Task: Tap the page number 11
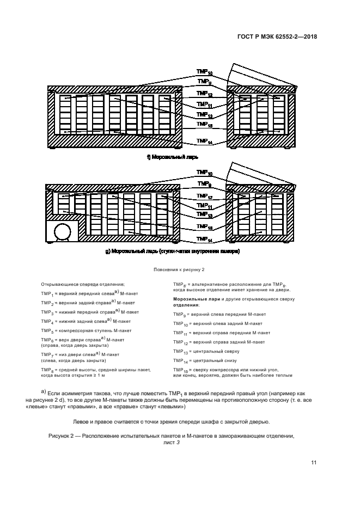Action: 314,463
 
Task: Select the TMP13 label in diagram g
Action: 205,215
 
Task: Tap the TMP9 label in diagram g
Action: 204,185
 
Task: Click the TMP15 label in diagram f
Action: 205,125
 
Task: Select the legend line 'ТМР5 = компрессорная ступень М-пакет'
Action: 86,330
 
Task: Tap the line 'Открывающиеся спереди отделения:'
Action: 83,284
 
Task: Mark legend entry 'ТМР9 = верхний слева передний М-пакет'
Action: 217,314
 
